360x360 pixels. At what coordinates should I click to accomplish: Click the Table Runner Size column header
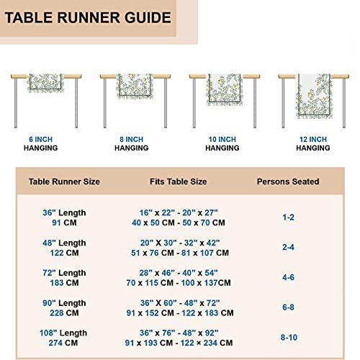(64, 182)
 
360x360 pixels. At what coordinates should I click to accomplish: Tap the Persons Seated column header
(288, 182)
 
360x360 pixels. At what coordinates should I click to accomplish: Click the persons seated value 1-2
(288, 216)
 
